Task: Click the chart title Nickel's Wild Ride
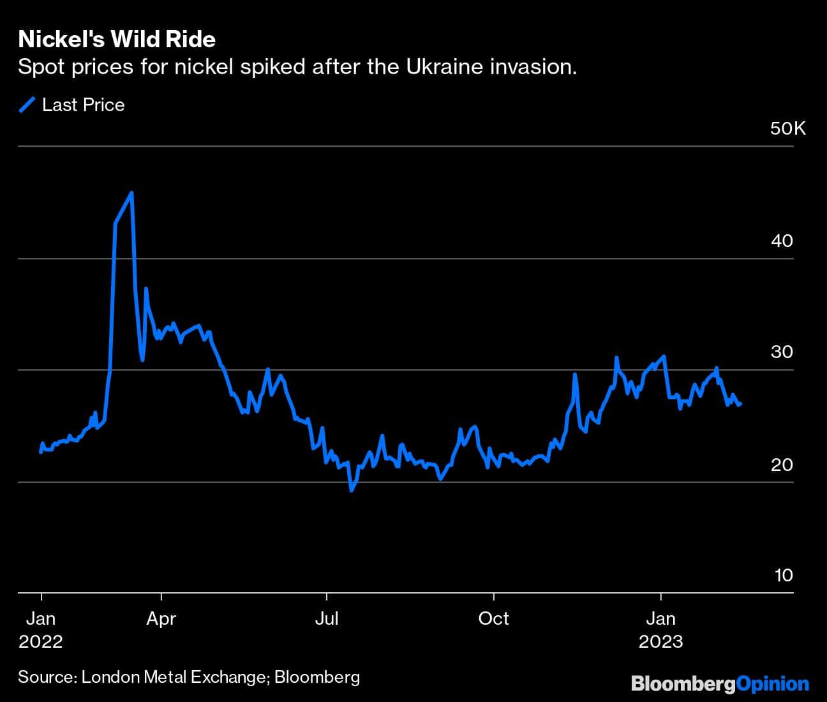point(117,40)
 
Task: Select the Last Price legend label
point(83,105)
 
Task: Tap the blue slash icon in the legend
point(27,105)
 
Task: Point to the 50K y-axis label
point(787,129)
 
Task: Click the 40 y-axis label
point(782,241)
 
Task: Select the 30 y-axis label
point(782,352)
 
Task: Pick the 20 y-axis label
point(782,464)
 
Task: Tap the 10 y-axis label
point(784,575)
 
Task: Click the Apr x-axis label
point(161,618)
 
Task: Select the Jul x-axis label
point(326,618)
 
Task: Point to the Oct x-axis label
point(493,618)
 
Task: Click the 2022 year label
point(41,641)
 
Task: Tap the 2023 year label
point(660,641)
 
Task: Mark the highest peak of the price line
point(131,193)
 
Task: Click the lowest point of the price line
point(352,490)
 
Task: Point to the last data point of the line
point(740,404)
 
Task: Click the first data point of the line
point(41,452)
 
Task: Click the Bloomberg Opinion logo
point(720,684)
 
